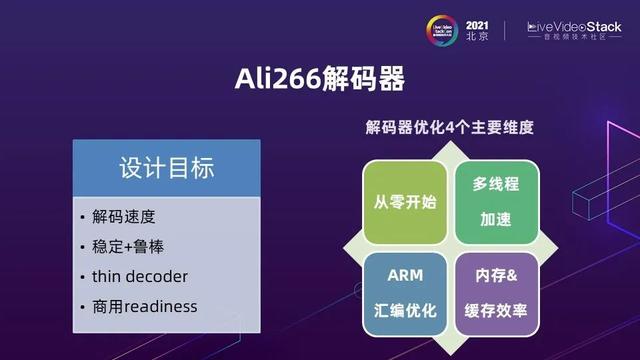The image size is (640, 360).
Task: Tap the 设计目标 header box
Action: pyautogui.click(x=167, y=167)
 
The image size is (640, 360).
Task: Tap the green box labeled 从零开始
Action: pyautogui.click(x=404, y=200)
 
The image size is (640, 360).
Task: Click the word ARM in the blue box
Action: pyautogui.click(x=404, y=275)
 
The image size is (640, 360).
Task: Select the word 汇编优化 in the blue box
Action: pyautogui.click(x=404, y=309)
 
